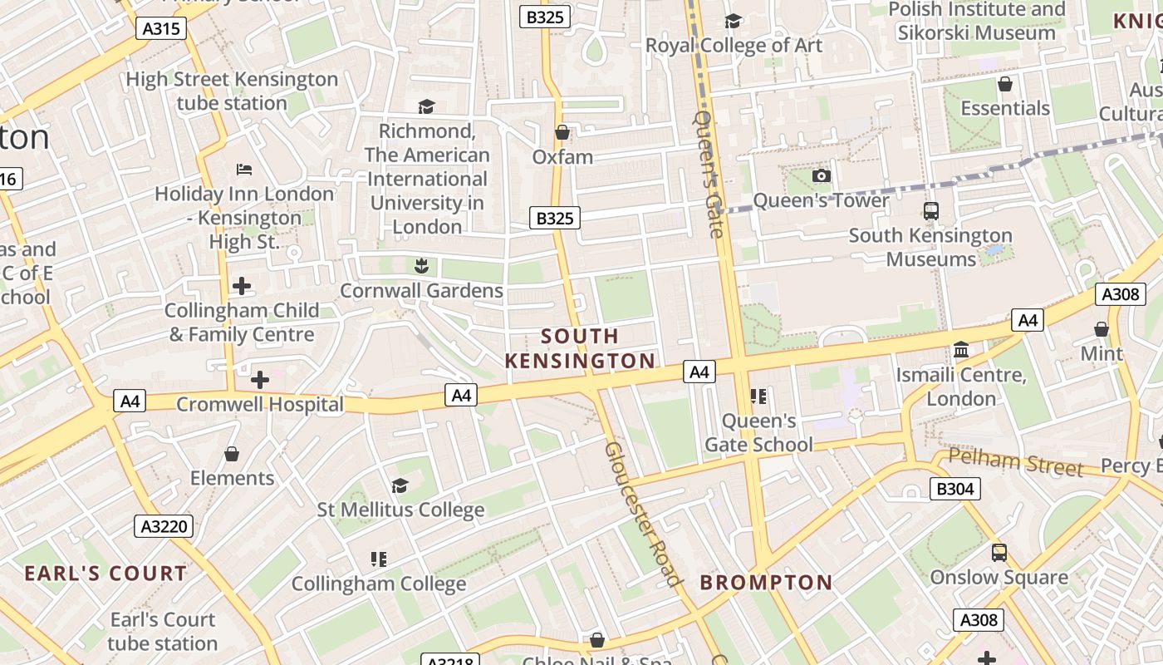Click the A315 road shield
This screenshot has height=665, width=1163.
pyautogui.click(x=161, y=28)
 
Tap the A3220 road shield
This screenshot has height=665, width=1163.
pyautogui.click(x=164, y=526)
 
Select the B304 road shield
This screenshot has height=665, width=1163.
pyautogui.click(x=954, y=489)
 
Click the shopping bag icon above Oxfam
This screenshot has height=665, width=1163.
pyautogui.click(x=562, y=132)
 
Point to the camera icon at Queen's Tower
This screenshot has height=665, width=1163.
pyautogui.click(x=821, y=175)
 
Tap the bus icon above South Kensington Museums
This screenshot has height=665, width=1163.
pyautogui.click(x=930, y=211)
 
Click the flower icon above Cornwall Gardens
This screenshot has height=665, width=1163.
pyautogui.click(x=421, y=266)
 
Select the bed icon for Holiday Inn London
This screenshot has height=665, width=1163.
pyautogui.click(x=243, y=170)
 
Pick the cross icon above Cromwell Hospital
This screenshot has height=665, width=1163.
pyautogui.click(x=259, y=380)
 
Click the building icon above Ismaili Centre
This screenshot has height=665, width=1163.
pyautogui.click(x=961, y=350)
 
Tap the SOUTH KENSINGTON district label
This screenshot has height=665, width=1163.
pyautogui.click(x=580, y=348)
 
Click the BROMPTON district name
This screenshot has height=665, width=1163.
pyautogui.click(x=766, y=583)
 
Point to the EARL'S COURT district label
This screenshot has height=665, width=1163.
pyautogui.click(x=106, y=574)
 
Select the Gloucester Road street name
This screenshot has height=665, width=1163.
pyautogui.click(x=643, y=514)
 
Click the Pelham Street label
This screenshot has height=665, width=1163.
pyautogui.click(x=1015, y=462)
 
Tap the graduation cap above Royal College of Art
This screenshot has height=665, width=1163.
pyautogui.click(x=733, y=21)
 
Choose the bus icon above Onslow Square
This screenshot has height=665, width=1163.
pyautogui.click(x=999, y=553)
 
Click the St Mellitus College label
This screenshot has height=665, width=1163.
pyautogui.click(x=400, y=510)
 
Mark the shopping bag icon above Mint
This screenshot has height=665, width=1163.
pyautogui.click(x=1101, y=329)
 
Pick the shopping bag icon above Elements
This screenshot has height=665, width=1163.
pyautogui.click(x=232, y=454)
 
